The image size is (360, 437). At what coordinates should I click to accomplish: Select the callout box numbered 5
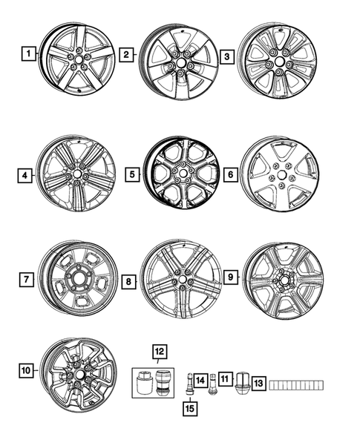133,175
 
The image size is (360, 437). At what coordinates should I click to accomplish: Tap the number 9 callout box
230,277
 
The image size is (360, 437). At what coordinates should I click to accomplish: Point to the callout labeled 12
159,350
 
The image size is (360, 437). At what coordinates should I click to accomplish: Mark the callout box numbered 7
27,280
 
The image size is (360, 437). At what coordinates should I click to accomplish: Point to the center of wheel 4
77,174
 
